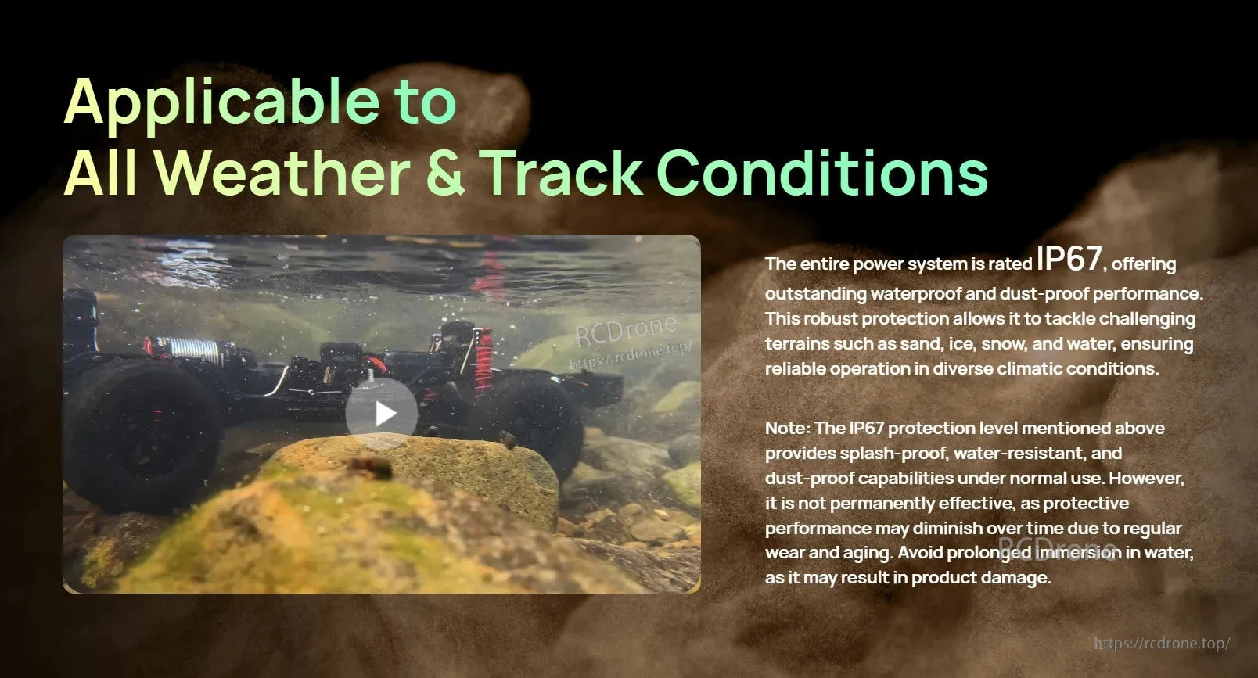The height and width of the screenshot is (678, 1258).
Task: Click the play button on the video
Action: click(382, 413)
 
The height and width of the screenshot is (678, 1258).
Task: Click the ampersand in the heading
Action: click(445, 173)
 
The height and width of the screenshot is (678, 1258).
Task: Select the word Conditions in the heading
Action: click(821, 173)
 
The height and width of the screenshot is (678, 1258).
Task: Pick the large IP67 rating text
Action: click(1069, 259)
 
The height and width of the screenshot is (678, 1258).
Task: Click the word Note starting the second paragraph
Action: click(785, 428)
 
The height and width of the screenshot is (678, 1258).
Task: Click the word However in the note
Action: click(1146, 478)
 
